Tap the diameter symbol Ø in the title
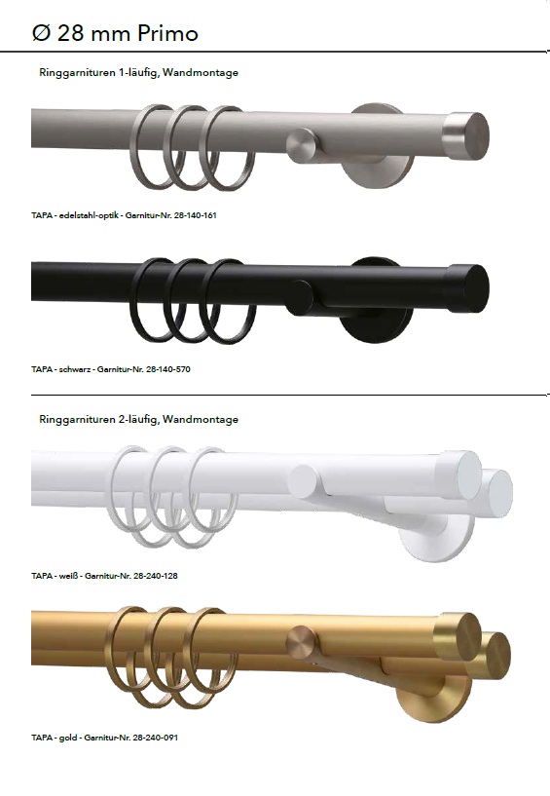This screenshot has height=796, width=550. pyautogui.click(x=40, y=33)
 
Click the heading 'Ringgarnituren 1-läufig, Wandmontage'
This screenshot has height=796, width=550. pyautogui.click(x=138, y=73)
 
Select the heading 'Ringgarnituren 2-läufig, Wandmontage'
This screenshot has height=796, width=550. pyautogui.click(x=138, y=419)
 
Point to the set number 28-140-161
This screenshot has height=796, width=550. pyautogui.click(x=195, y=215)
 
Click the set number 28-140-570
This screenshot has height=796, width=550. pyautogui.click(x=168, y=369)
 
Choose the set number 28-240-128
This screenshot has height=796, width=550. pyautogui.click(x=155, y=576)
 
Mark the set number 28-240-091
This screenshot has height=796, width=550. pyautogui.click(x=155, y=738)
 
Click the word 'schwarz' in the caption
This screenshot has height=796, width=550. pyautogui.click(x=75, y=369)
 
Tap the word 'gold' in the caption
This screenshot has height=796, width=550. pyautogui.click(x=68, y=738)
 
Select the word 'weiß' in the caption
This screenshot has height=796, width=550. pyautogui.click(x=68, y=576)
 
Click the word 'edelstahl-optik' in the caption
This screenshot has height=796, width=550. pyautogui.click(x=89, y=215)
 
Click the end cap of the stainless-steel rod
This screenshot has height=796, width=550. pyautogui.click(x=465, y=135)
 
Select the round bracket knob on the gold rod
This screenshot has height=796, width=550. pyautogui.click(x=301, y=642)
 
